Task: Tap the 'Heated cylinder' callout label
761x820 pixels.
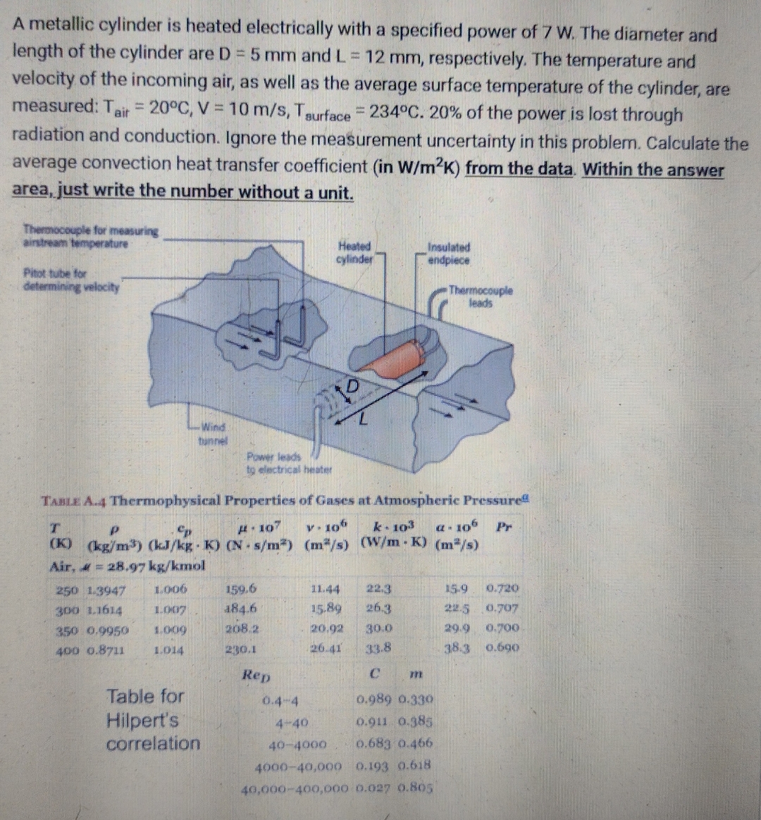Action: coord(354,252)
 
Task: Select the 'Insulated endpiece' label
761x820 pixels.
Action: coord(449,254)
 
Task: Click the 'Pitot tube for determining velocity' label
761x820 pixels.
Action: coord(70,280)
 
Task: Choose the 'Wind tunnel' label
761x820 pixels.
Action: coord(213,431)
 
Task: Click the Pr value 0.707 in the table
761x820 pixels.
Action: coord(502,608)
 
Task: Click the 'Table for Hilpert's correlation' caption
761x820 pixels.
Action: coord(153,719)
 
